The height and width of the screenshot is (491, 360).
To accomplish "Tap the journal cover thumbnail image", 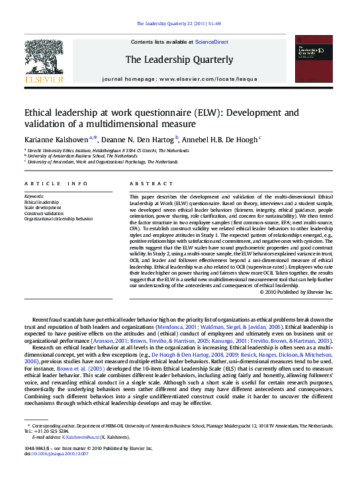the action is coord(313,59).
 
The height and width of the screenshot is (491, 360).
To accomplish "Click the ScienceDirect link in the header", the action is coord(212,42).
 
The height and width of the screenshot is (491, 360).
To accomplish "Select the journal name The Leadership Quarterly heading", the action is coord(179,60).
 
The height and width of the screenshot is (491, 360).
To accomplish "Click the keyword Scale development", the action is coord(42,207).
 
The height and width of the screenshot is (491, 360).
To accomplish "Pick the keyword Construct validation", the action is coord(45,212).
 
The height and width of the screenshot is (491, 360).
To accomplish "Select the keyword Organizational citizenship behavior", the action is coord(58,218).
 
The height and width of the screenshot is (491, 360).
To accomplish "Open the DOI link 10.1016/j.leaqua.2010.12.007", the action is coord(66,454).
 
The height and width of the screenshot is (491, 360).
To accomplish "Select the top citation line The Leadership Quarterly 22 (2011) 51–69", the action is coord(179,24).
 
